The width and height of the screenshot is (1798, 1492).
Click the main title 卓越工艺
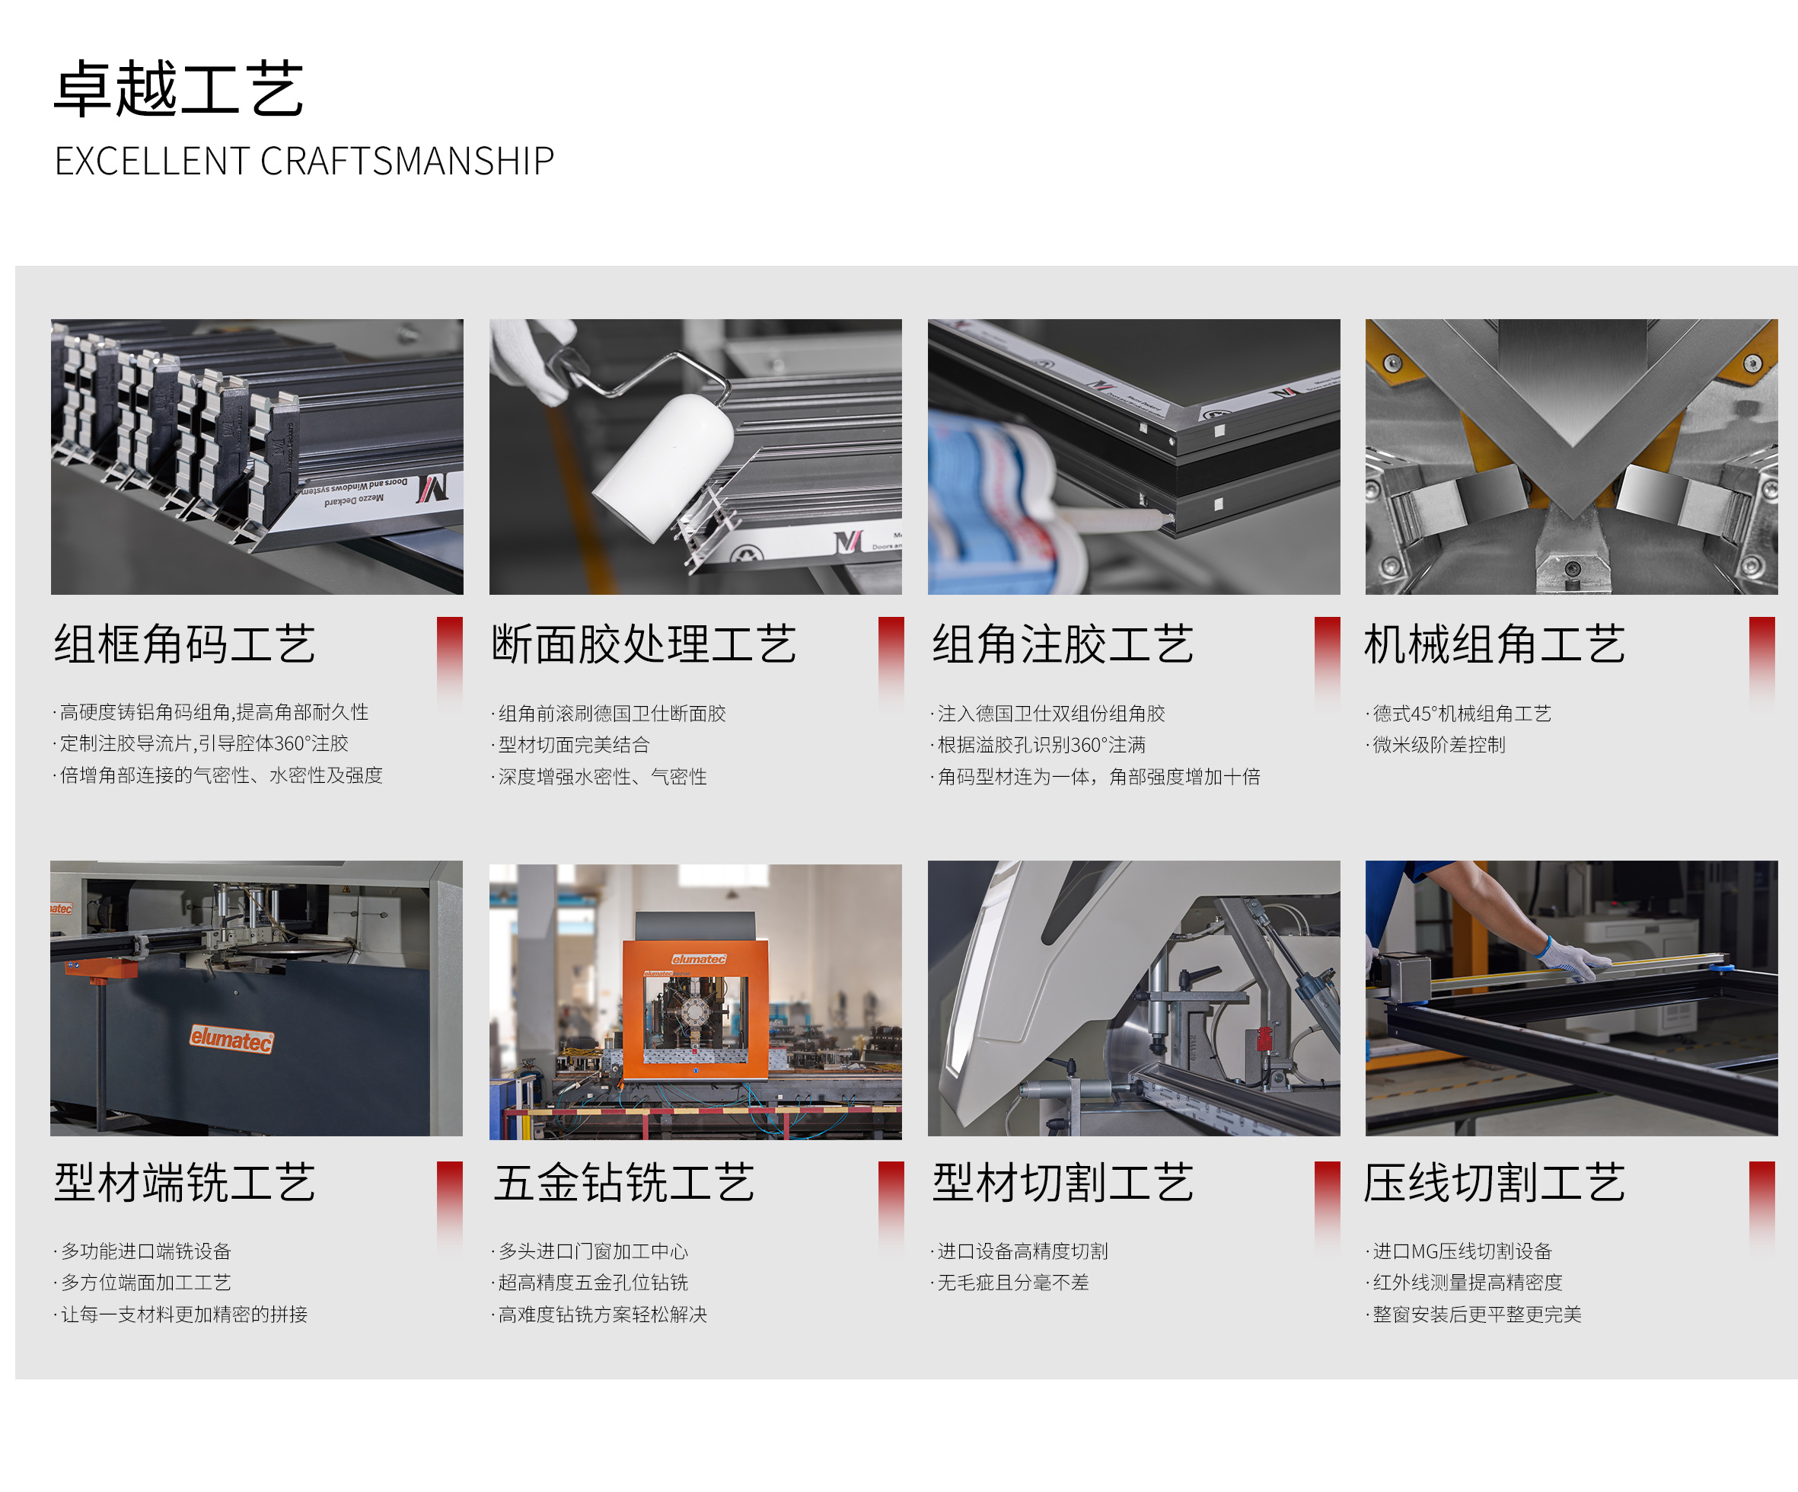(179, 88)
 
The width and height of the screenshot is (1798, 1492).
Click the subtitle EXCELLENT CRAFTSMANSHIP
(304, 161)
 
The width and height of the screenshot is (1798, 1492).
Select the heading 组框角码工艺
(185, 644)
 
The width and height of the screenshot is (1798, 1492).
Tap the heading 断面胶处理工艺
(644, 644)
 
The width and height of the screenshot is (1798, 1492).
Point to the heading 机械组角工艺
(1495, 644)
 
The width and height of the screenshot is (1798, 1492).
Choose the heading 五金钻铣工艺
(624, 1183)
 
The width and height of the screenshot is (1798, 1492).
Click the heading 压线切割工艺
(1495, 1183)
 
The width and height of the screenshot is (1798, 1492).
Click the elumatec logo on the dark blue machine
(231, 1039)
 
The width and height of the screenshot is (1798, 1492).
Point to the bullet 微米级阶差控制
(1436, 744)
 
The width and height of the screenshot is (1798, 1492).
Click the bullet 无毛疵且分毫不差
(1010, 1282)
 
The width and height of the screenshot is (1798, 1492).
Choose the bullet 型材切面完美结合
(571, 744)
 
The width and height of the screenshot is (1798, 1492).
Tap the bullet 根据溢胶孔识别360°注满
(1038, 744)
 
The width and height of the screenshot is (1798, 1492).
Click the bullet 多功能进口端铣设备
(143, 1251)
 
